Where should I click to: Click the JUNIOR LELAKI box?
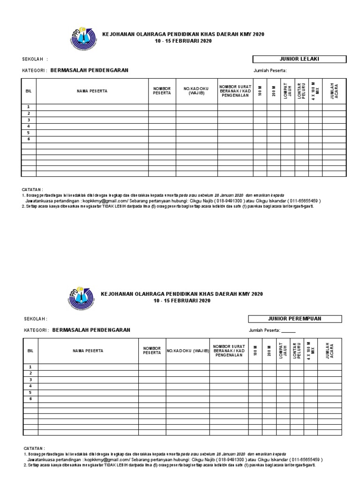[299, 59]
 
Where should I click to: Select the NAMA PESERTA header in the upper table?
[92, 91]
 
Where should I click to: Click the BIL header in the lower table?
[30, 351]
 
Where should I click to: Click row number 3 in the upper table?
[29, 120]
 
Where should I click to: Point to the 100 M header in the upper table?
[260, 91]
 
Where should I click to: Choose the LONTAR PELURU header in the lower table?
[297, 350]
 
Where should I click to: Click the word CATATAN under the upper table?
[32, 190]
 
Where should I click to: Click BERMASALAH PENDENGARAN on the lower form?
[91, 330]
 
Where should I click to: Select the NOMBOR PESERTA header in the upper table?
[162, 91]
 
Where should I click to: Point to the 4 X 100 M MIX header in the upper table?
[315, 91]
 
